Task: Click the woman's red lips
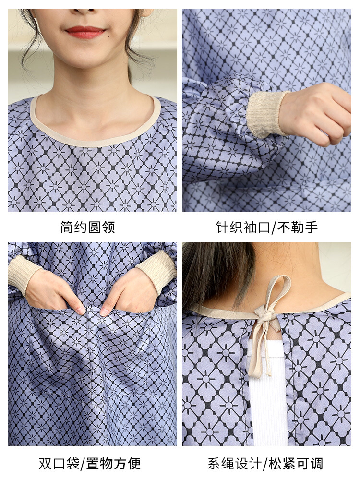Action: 85,32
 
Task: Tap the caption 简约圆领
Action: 87,228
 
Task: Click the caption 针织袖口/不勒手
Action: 267,228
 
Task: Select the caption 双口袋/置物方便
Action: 90,464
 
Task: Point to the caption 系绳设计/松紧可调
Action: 265,464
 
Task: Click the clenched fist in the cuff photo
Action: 316,114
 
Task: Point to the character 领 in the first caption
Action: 108,228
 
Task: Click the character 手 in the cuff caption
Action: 312,228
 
